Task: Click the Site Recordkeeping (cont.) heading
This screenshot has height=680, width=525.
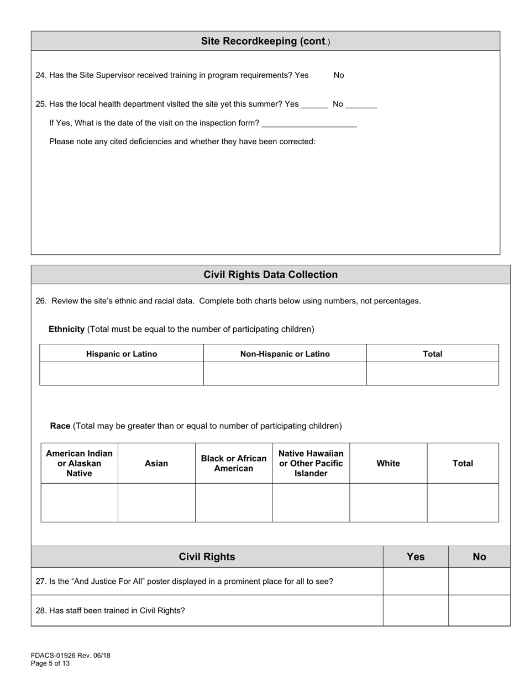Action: [265, 41]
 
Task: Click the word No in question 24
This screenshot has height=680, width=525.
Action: [339, 75]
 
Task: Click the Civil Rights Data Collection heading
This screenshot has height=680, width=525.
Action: [270, 275]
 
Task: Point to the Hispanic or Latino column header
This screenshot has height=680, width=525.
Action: [122, 354]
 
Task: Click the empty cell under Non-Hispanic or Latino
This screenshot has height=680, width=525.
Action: [285, 374]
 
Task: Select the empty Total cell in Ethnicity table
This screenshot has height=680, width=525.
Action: [432, 374]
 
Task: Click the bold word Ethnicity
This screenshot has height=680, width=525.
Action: [66, 329]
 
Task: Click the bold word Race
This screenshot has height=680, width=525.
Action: [60, 426]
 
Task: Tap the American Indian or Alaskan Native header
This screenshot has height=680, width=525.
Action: [79, 463]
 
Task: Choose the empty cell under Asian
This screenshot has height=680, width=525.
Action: [156, 503]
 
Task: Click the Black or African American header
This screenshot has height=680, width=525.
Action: [233, 463]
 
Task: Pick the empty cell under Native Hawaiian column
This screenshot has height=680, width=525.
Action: [311, 503]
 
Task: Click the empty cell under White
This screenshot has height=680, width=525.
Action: [388, 503]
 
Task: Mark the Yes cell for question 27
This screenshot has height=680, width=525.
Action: [416, 581]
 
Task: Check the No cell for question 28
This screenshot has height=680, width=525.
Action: [479, 610]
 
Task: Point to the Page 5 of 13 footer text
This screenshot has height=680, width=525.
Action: [50, 663]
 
